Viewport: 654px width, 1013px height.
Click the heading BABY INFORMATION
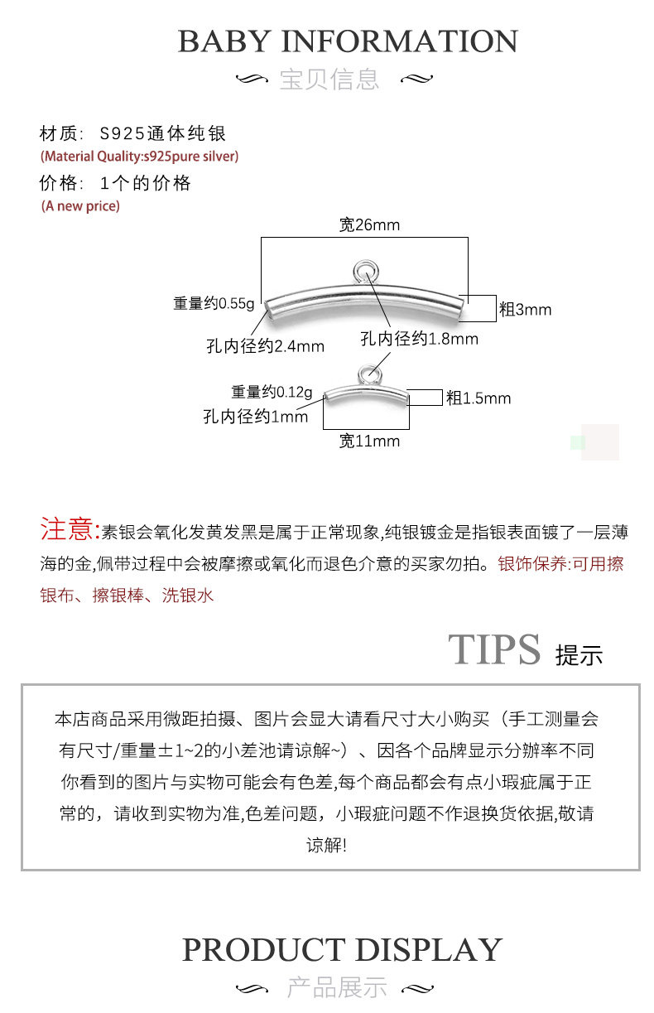[348, 41]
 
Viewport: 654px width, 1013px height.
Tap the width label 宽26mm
[369, 224]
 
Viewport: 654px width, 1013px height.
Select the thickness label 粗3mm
[525, 310]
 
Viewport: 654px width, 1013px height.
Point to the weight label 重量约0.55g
[214, 303]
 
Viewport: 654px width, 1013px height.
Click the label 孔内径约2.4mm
[265, 346]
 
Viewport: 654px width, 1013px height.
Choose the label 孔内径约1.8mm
[419, 339]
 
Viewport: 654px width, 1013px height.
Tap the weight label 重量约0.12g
[272, 392]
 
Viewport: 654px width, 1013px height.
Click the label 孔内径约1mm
[255, 417]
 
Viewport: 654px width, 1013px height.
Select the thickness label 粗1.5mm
[478, 398]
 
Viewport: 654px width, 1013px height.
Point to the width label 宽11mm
[369, 441]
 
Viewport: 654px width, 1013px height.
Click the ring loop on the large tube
[364, 270]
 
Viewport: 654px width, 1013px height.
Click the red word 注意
[70, 529]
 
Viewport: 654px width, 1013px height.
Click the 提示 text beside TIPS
[579, 655]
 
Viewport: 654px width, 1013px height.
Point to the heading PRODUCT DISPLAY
[342, 949]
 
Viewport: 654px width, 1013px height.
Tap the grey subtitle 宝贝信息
[329, 80]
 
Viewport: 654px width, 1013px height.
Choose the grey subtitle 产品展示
[337, 987]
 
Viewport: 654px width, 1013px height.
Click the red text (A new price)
[80, 206]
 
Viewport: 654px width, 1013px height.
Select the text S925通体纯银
[163, 133]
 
